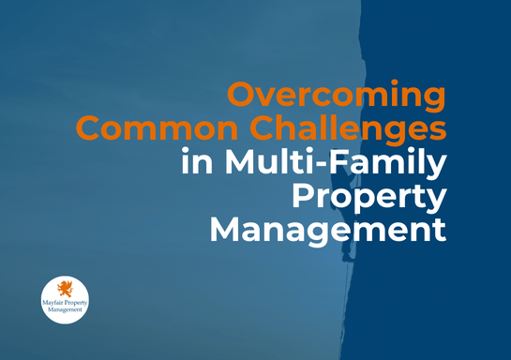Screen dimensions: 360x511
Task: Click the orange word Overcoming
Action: tap(337, 96)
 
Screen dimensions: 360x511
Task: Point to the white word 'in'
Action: tap(195, 161)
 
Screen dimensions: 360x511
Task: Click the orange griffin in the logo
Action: tap(65, 289)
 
